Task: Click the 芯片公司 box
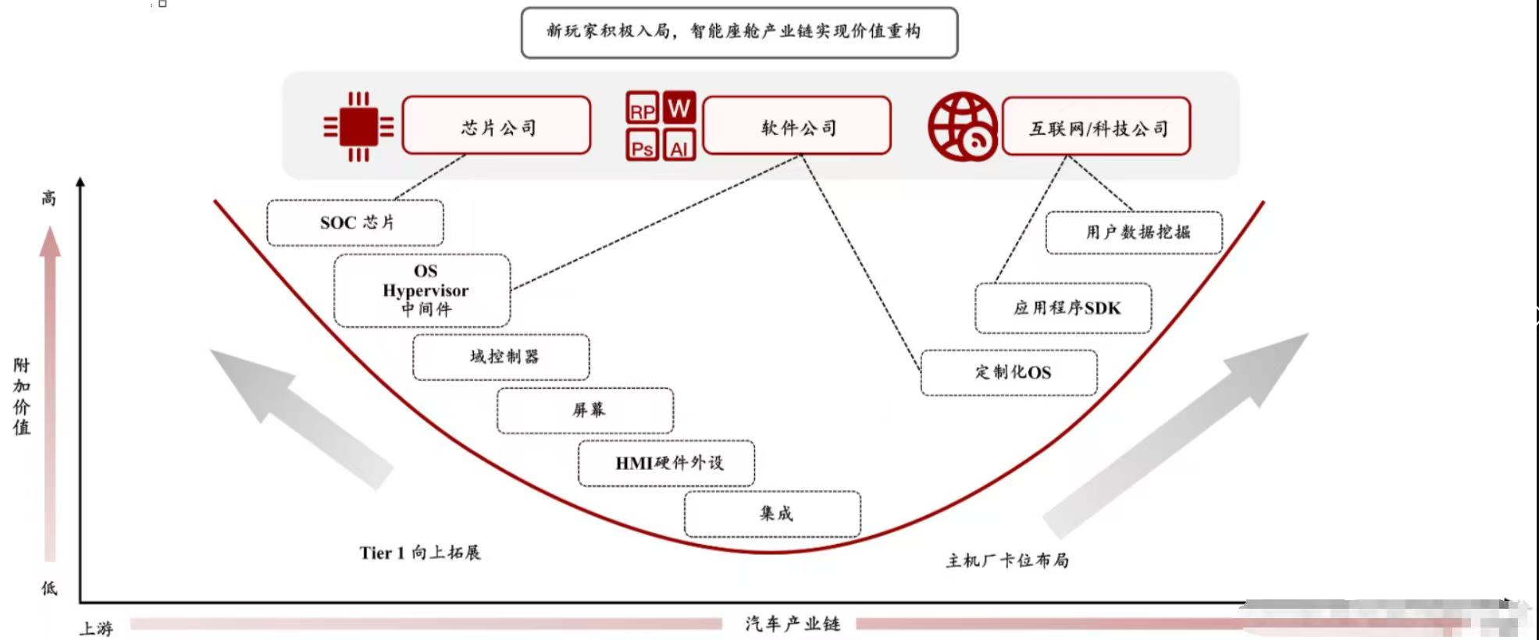[497, 126]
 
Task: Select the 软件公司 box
[796, 126]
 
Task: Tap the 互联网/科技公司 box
[1096, 126]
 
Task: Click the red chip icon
[358, 126]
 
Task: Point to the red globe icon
[962, 126]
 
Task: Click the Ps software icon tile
[642, 146]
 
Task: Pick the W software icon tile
[679, 108]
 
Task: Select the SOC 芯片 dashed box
[355, 223]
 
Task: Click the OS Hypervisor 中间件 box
[422, 290]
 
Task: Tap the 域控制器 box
[501, 357]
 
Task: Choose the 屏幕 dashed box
[586, 411]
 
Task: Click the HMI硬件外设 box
[667, 464]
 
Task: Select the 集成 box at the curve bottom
[773, 514]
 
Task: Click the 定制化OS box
[1009, 373]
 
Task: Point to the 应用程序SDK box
[1063, 308]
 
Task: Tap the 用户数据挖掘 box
[1135, 233]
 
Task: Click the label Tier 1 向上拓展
[420, 553]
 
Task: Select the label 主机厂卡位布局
[1007, 560]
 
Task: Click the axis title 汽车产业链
[792, 624]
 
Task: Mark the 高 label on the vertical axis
[49, 198]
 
